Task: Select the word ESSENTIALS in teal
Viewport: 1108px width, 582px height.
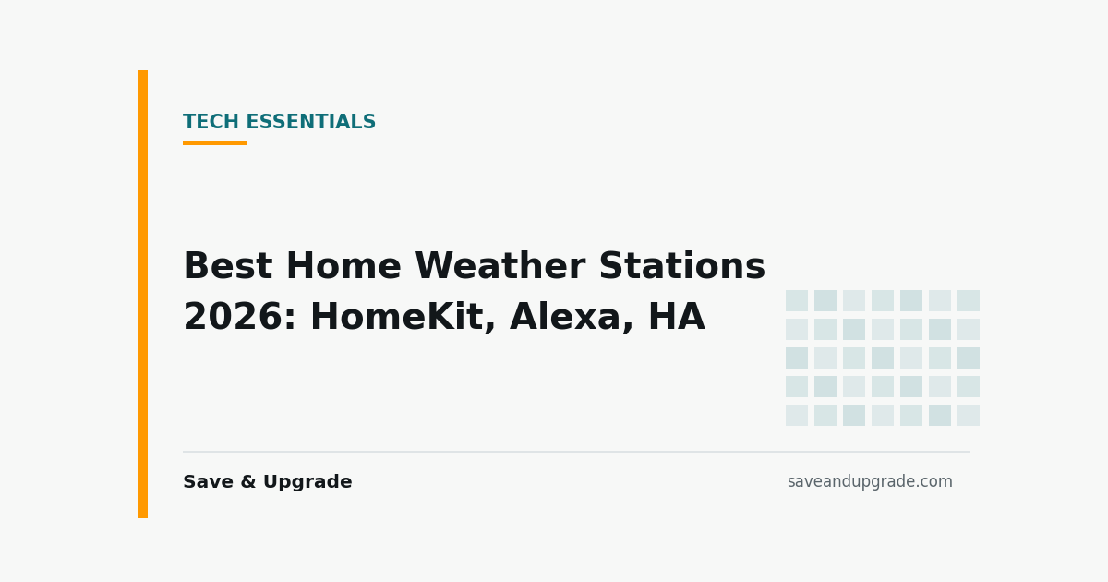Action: (311, 122)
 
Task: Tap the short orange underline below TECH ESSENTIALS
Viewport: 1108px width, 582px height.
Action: (215, 143)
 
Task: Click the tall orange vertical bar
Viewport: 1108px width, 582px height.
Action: (143, 294)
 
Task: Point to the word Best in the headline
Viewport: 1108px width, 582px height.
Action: (228, 266)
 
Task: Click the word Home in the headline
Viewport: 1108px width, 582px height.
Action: (343, 266)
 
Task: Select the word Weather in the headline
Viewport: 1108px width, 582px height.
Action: (500, 266)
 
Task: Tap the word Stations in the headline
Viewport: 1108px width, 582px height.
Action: (682, 266)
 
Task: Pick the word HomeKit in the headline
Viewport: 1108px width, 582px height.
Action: (403, 318)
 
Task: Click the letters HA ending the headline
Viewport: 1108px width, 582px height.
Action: (677, 317)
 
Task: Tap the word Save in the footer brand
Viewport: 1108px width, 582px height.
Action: (209, 482)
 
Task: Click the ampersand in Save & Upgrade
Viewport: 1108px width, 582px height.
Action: (248, 482)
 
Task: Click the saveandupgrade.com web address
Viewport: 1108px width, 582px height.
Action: (870, 482)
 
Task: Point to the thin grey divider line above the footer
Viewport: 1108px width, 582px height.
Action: (577, 452)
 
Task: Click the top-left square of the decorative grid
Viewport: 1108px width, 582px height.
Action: (797, 301)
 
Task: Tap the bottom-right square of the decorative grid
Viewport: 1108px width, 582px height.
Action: (969, 415)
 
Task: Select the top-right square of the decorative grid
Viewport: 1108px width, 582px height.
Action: (969, 301)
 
